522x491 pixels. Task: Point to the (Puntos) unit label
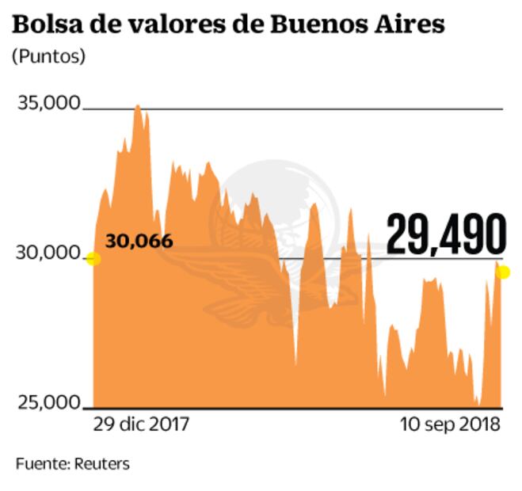(49, 58)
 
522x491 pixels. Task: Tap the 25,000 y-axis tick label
(48, 402)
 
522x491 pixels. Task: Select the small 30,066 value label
(139, 241)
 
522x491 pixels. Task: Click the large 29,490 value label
(446, 235)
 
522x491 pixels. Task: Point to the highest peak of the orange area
(138, 106)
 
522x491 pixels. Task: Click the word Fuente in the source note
(39, 463)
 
